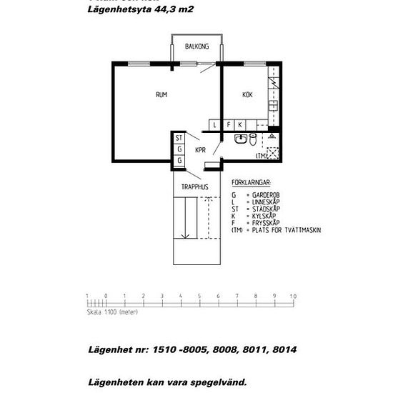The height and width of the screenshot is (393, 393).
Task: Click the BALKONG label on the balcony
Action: pyautogui.click(x=196, y=46)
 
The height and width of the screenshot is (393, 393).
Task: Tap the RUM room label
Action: pyautogui.click(x=161, y=95)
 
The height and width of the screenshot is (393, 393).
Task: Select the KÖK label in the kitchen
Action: pyautogui.click(x=247, y=95)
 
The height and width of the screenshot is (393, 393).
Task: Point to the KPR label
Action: pyautogui.click(x=200, y=150)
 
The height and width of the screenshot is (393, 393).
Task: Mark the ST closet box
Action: pyautogui.click(x=179, y=138)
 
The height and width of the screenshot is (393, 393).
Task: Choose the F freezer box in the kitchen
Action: pyautogui.click(x=229, y=125)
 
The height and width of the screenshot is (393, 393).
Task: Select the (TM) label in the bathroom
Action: pyautogui.click(x=262, y=155)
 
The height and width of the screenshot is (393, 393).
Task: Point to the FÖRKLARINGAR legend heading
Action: pyautogui.click(x=251, y=183)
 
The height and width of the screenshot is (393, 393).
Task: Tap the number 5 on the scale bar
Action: pyautogui.click(x=199, y=295)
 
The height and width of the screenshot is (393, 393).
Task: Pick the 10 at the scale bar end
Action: pyautogui.click(x=292, y=295)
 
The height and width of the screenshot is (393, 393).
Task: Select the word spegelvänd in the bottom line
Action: pyautogui.click(x=216, y=382)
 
